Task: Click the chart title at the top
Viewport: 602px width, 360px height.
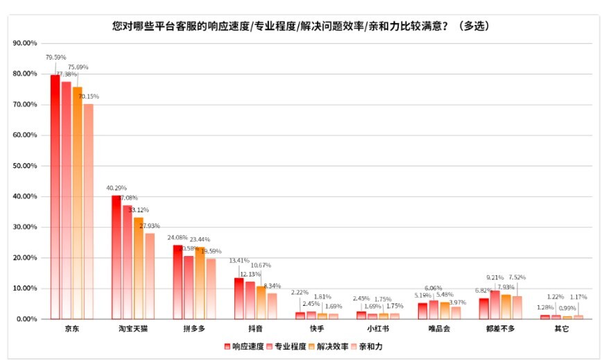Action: tap(301, 26)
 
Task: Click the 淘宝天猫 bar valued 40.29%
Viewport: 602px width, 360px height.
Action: tap(116, 257)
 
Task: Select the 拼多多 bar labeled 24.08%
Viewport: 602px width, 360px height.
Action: tap(178, 282)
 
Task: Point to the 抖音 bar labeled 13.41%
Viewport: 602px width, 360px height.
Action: tap(239, 298)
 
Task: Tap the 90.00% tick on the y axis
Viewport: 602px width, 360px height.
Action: tap(25, 43)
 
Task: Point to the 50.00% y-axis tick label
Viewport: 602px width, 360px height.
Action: tap(25, 166)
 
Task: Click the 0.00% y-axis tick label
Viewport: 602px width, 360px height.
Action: tap(26, 319)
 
